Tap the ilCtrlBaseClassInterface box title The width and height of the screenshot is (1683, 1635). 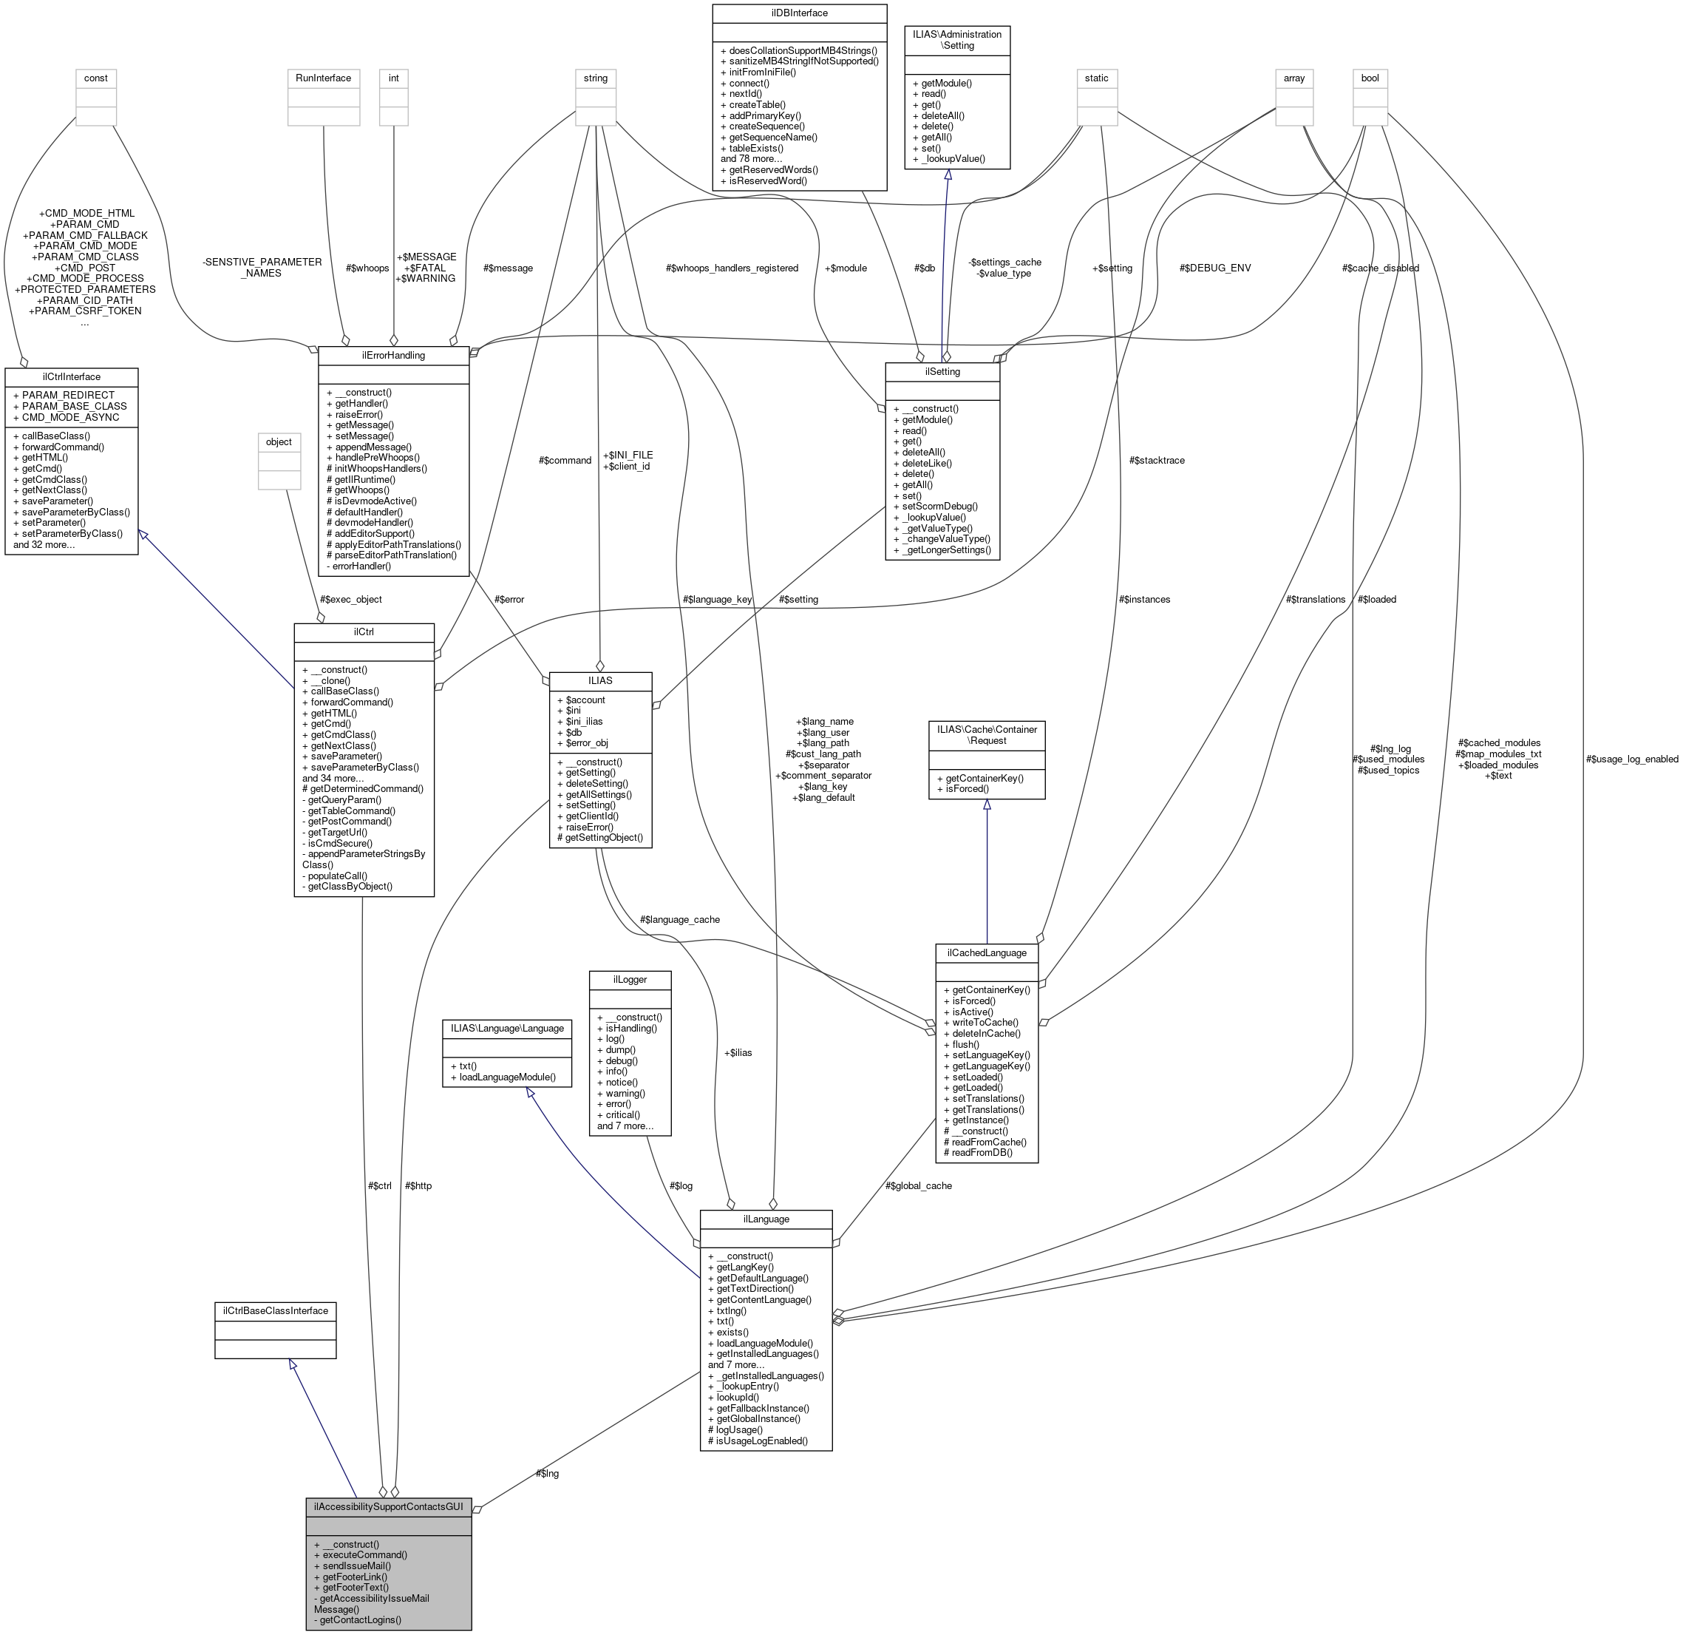tap(275, 1310)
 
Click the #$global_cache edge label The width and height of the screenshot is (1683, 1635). tap(918, 1185)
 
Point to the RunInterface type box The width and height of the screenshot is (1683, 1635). tap(323, 78)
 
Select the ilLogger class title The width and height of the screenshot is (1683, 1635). tap(630, 980)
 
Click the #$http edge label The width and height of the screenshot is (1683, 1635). tap(418, 1185)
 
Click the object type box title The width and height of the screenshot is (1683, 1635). tap(279, 441)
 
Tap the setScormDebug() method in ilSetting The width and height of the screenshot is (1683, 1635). tap(939, 506)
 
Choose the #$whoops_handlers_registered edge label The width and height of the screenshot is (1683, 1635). tap(732, 268)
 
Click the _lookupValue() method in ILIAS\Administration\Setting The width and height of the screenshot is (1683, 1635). tap(951, 158)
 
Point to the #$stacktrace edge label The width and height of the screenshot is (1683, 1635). tap(1157, 461)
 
